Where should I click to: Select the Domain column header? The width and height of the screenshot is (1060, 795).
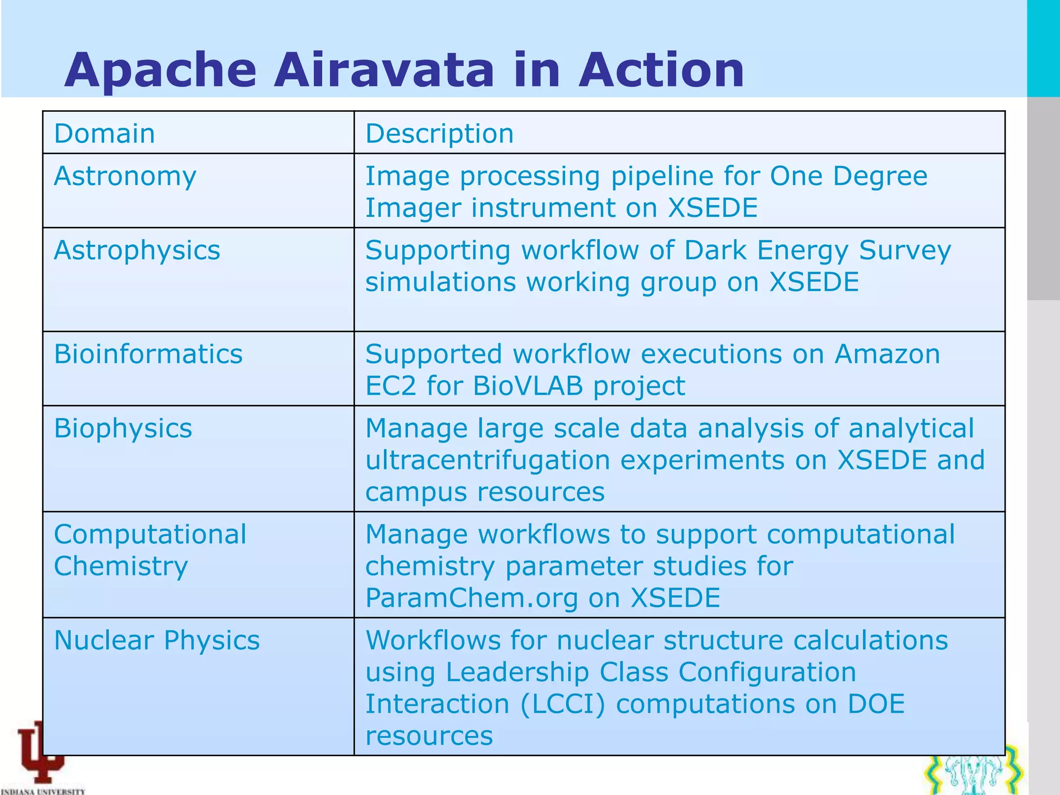tap(105, 134)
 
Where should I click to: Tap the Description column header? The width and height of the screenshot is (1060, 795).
tap(439, 134)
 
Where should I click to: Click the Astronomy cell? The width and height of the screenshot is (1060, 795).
tap(125, 176)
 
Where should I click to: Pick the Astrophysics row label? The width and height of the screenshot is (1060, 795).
tap(137, 251)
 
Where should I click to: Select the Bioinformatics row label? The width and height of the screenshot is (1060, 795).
tap(148, 355)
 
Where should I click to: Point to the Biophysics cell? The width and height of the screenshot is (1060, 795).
tap(123, 429)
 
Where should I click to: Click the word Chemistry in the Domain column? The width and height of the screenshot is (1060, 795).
tap(121, 566)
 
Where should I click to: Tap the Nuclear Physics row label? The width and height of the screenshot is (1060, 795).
tap(157, 640)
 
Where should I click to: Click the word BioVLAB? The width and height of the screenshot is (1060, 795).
tap(528, 386)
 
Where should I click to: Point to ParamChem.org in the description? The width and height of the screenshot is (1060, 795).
tap(472, 598)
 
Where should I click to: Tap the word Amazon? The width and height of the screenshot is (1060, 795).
tap(887, 355)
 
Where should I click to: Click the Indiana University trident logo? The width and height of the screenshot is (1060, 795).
tap(41, 753)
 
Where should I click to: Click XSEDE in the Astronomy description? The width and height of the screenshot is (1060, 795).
tap(713, 208)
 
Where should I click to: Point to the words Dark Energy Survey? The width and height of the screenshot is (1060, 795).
tap(817, 251)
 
